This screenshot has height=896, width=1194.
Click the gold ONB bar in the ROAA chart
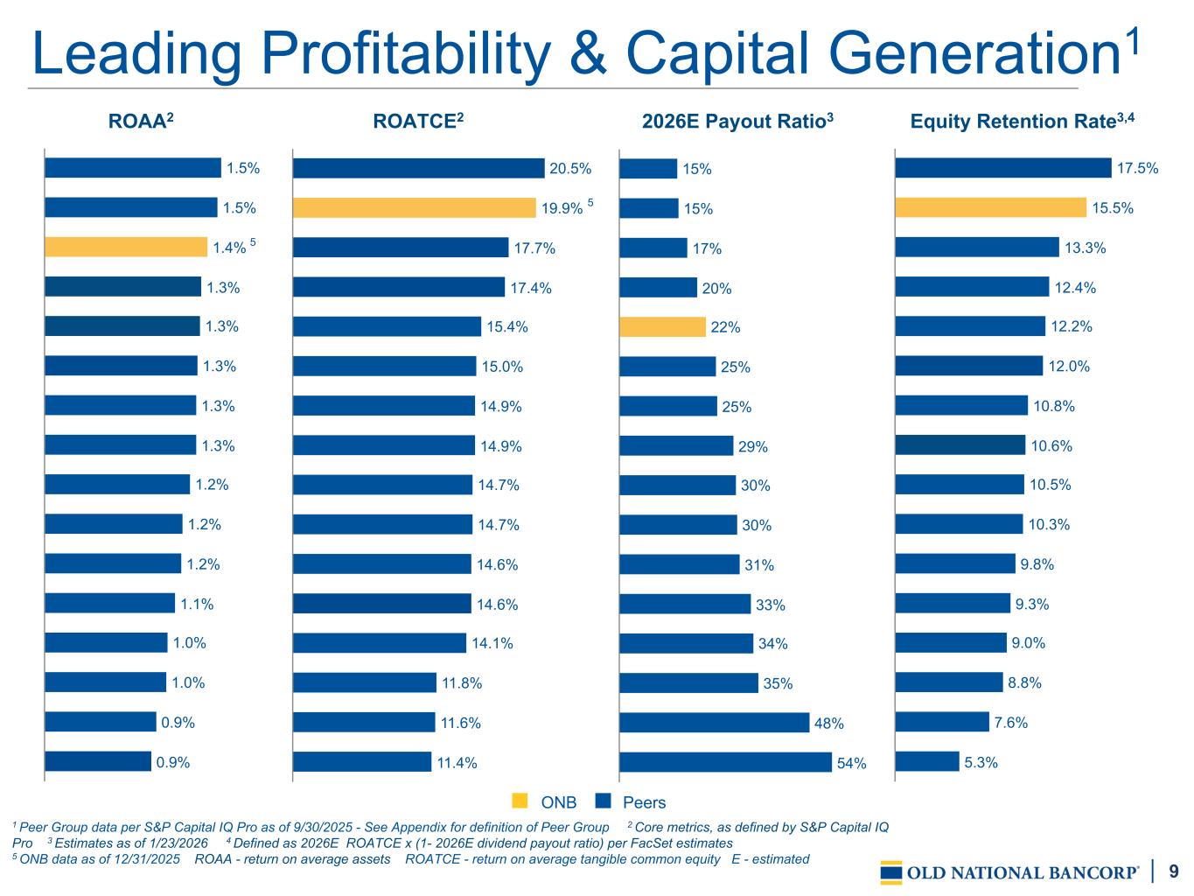coord(126,247)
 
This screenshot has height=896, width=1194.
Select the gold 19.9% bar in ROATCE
coord(414,207)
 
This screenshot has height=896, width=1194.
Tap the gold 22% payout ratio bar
coord(662,327)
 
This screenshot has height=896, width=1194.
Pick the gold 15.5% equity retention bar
coord(990,207)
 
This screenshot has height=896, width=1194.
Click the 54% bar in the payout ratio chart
coord(725,762)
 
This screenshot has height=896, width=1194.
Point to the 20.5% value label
coord(570,169)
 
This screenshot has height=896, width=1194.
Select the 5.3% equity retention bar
coord(927,761)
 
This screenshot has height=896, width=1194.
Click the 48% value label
coord(829,724)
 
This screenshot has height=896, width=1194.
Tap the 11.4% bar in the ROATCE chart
coord(362,762)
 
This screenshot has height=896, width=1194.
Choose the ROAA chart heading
coord(142,122)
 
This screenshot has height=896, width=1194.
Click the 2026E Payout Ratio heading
coord(737,122)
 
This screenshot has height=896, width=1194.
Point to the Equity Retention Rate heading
coord(1022,122)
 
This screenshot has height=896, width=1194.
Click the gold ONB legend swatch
coord(520,801)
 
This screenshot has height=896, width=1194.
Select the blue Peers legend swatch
coord(602,801)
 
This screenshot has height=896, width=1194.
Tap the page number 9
coord(1174,871)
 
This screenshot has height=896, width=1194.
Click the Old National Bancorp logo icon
coord(891,872)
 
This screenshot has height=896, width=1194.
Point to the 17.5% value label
coord(1138,169)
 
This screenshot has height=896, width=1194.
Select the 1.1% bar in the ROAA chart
coord(110,603)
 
